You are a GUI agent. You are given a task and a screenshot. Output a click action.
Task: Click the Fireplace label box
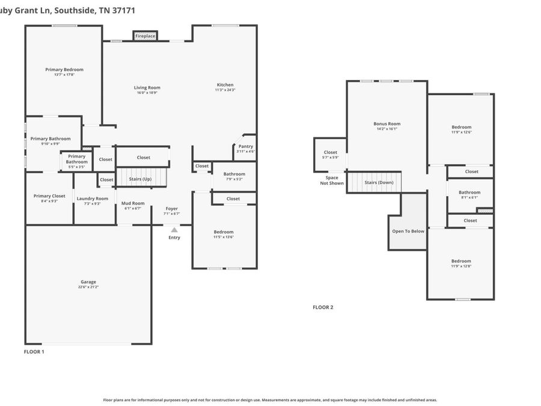click(145, 36)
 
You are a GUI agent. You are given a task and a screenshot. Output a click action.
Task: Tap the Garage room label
click(88, 282)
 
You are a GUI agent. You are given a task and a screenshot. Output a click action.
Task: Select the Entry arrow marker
click(174, 229)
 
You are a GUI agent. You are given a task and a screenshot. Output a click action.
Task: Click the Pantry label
click(245, 146)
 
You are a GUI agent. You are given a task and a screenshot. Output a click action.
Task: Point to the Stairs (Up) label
click(140, 179)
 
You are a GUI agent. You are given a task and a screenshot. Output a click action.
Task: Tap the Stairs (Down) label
click(379, 182)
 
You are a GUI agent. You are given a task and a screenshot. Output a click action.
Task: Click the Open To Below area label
click(408, 231)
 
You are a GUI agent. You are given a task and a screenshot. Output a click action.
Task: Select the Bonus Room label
click(387, 124)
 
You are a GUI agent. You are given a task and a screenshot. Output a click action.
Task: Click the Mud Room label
click(133, 203)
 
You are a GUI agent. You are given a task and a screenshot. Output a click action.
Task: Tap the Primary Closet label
click(49, 196)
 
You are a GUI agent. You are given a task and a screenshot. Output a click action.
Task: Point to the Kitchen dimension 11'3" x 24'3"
click(225, 90)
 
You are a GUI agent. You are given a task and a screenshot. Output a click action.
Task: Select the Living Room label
click(147, 88)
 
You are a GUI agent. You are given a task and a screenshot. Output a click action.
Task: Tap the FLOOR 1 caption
click(34, 351)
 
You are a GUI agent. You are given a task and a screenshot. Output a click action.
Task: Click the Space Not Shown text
click(331, 180)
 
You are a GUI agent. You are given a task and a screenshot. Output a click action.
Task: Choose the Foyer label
click(172, 209)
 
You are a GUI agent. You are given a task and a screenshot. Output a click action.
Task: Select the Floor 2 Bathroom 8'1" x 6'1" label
click(469, 192)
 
